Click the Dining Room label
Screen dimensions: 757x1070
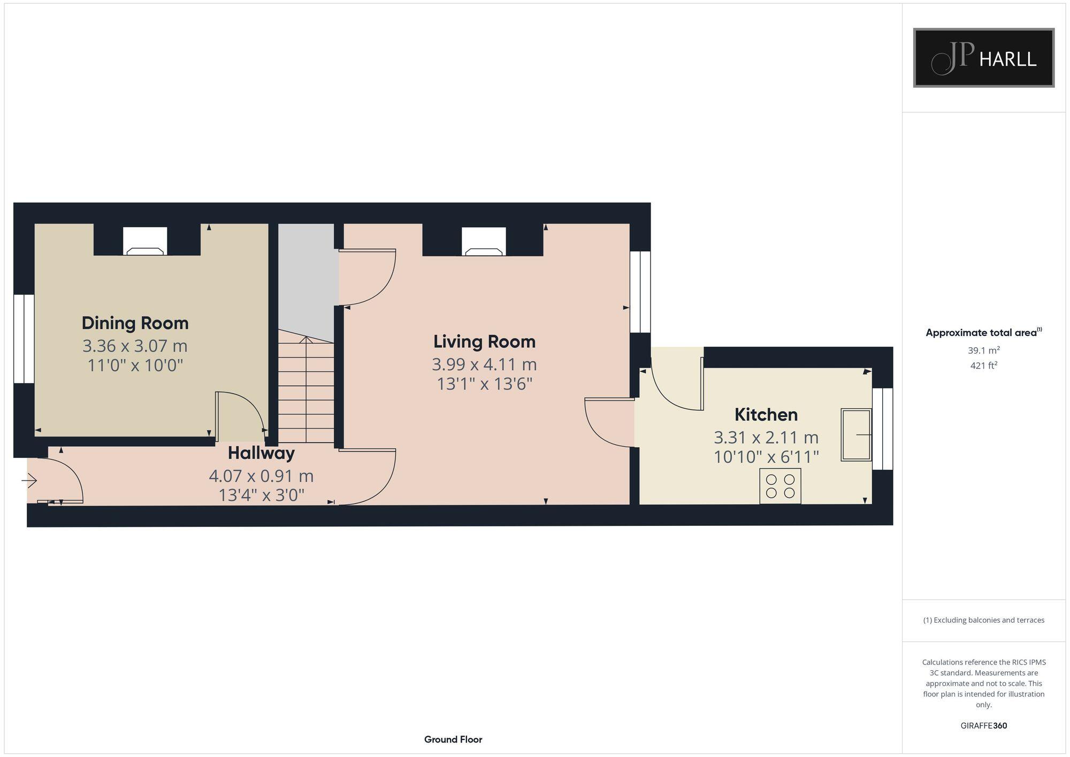(x=135, y=323)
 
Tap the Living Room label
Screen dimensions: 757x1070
(x=484, y=341)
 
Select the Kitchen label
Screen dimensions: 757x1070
(x=766, y=415)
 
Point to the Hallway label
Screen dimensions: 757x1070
(x=261, y=453)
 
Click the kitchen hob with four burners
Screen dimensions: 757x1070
(x=780, y=486)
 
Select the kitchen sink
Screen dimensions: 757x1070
(x=856, y=434)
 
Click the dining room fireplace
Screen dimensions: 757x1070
(x=145, y=242)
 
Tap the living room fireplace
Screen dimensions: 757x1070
(x=484, y=242)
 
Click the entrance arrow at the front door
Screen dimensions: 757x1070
(x=29, y=481)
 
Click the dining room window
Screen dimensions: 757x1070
(x=24, y=338)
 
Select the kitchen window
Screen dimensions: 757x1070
(x=883, y=429)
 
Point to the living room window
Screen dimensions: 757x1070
(x=640, y=292)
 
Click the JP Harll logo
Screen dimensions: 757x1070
(x=983, y=58)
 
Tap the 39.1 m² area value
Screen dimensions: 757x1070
(x=983, y=350)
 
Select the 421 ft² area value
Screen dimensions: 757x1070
(x=983, y=366)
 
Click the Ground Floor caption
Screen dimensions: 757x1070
(x=453, y=739)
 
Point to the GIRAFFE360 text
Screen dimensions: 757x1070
(x=983, y=726)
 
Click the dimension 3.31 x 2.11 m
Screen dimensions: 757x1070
(x=766, y=438)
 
